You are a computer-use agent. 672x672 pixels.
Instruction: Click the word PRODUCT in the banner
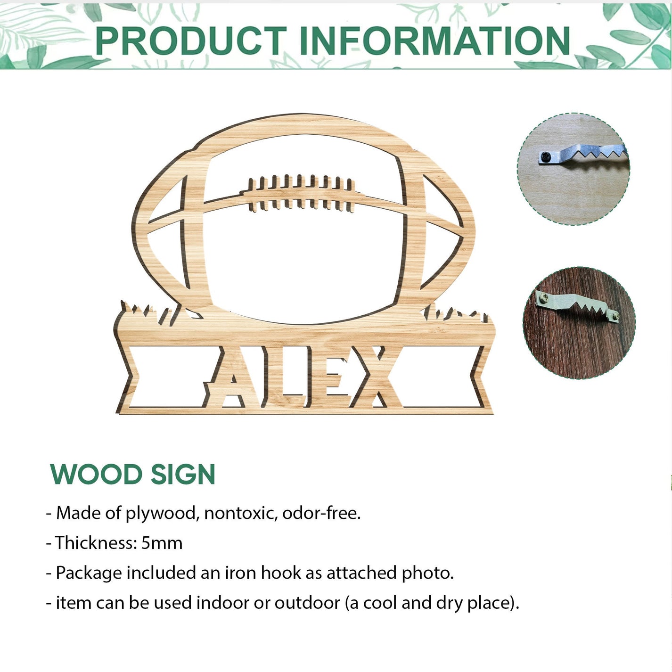point(190,41)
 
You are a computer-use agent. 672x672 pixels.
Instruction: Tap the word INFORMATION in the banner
point(434,41)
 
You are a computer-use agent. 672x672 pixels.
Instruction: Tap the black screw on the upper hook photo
point(546,157)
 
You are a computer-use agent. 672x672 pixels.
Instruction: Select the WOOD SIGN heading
point(132,475)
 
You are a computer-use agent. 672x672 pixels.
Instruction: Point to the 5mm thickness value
point(162,543)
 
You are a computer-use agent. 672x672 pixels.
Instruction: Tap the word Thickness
point(96,543)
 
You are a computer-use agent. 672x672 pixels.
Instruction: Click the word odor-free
point(321,513)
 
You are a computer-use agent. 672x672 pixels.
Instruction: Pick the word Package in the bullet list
point(89,574)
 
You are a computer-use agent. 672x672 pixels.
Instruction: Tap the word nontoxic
point(241,513)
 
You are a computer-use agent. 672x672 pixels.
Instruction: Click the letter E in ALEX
point(328,377)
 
